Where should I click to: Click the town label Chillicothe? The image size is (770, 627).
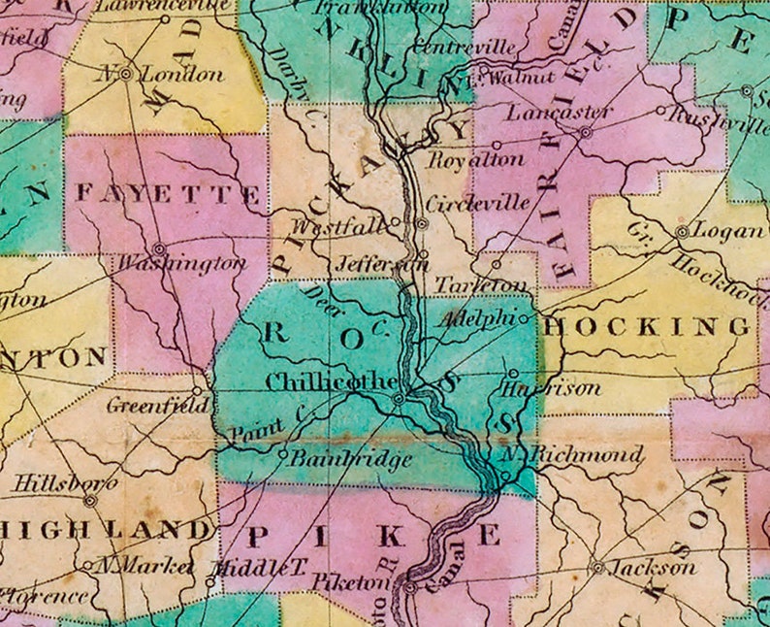click(331, 381)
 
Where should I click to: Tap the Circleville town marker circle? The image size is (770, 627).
click(422, 223)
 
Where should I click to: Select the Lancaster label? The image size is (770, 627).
click(560, 113)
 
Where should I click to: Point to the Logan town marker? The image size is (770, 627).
click(683, 232)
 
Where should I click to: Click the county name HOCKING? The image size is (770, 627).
click(647, 327)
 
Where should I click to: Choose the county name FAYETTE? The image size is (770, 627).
click(168, 195)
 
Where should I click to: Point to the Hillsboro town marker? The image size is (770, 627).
click(90, 502)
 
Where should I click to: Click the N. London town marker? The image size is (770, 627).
click(126, 74)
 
